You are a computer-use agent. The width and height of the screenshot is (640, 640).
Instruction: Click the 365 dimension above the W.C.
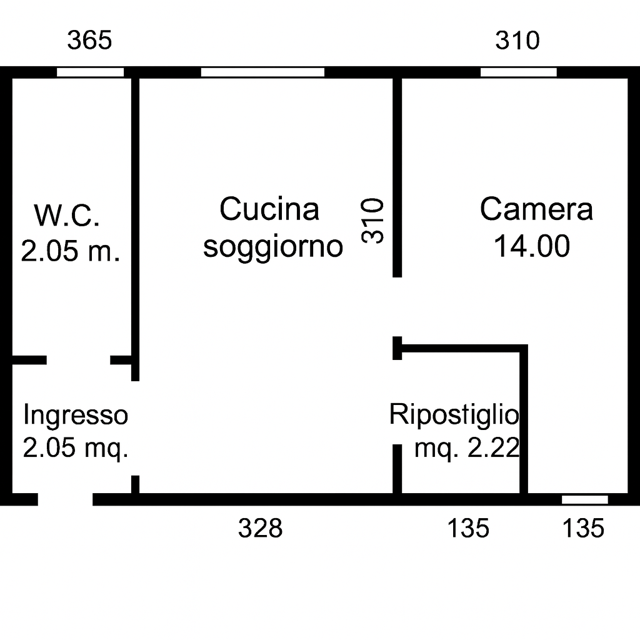point(89,41)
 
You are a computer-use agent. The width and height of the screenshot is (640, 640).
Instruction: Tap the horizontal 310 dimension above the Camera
point(517,41)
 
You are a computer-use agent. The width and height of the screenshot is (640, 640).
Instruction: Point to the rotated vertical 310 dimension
point(372,221)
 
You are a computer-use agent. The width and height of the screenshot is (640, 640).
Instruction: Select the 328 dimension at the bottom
point(261,528)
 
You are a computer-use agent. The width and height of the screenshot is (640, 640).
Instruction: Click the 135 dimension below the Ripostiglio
point(468,528)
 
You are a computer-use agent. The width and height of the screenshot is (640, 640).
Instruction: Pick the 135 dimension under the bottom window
point(583,528)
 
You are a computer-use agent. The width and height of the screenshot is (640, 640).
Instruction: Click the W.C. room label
point(67,215)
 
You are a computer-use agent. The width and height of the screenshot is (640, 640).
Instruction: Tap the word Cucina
point(269,209)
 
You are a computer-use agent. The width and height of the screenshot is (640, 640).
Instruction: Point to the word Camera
point(536,209)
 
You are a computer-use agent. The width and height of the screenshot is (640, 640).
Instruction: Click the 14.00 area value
point(532,246)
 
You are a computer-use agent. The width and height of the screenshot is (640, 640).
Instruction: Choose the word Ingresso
point(76,416)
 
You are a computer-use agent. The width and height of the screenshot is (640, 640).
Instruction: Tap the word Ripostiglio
point(454,415)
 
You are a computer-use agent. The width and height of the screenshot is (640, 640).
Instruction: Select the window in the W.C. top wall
point(90,72)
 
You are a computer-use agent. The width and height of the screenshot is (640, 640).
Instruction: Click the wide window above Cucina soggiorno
point(263,72)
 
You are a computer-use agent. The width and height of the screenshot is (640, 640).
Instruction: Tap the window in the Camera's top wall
point(519,72)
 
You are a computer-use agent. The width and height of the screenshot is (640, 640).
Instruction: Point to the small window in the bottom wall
point(585,499)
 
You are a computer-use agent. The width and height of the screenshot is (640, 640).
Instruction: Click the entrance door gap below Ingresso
point(65,499)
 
